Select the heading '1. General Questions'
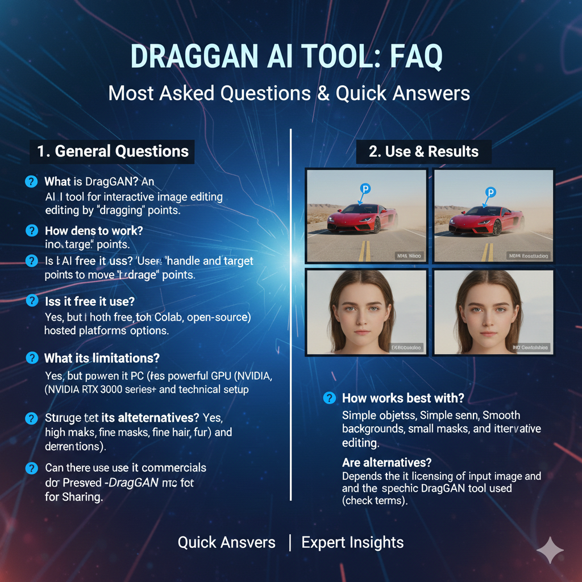113,152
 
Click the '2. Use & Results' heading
423,152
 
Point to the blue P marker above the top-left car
365,189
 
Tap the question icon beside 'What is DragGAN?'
31,182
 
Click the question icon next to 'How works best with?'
329,398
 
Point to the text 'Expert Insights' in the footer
352,542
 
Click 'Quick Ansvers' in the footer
226,542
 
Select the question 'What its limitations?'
102,358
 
